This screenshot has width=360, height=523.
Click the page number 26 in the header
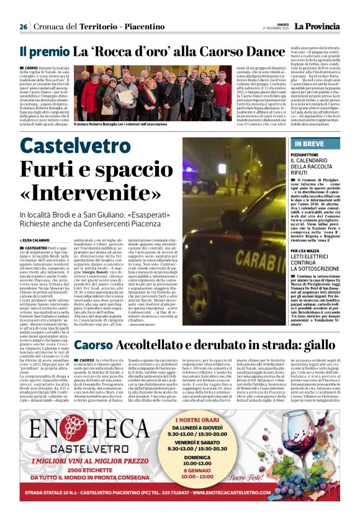click(23, 27)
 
